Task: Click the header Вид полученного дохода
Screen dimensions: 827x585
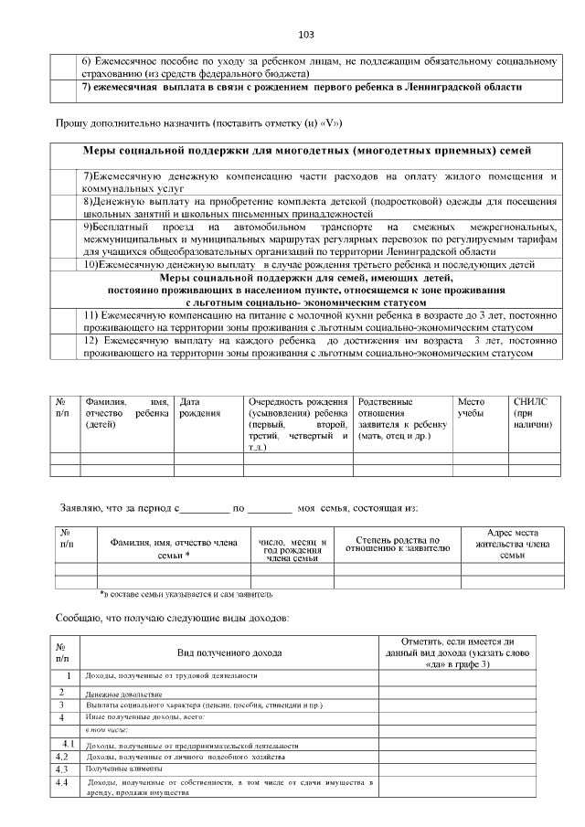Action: point(229,652)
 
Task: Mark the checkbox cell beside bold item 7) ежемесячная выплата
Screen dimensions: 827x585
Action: point(65,88)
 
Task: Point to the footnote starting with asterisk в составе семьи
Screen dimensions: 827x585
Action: point(186,594)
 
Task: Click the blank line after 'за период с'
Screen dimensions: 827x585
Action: point(207,506)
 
